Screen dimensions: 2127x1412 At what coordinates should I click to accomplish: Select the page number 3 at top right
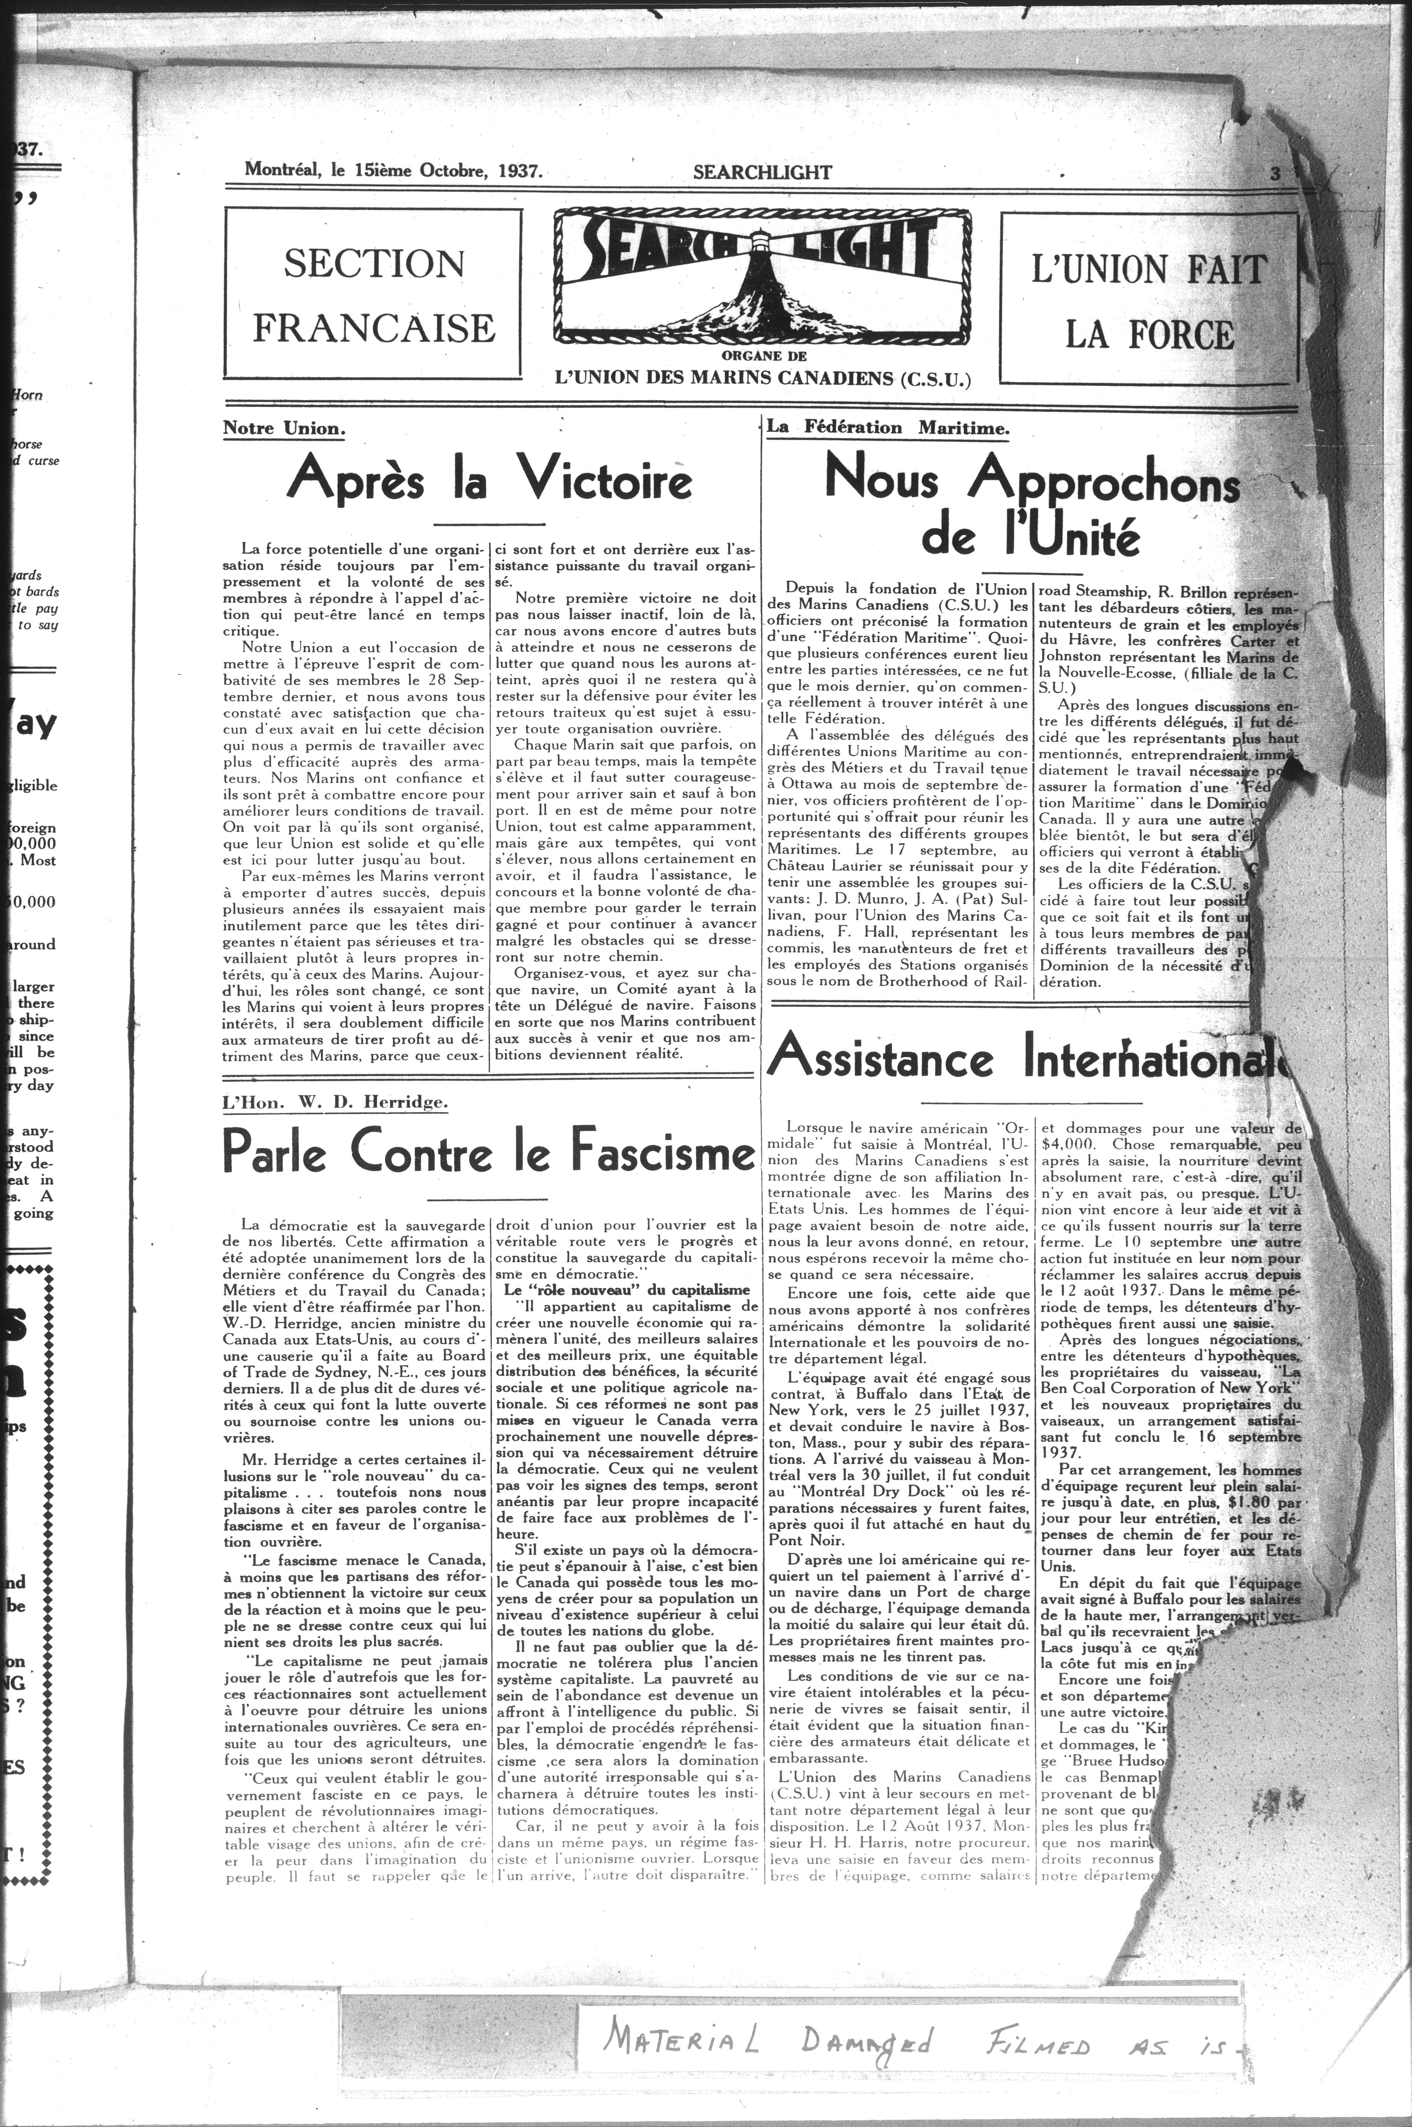point(1275,174)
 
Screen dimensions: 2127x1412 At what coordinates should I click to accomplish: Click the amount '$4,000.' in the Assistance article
point(1071,1143)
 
